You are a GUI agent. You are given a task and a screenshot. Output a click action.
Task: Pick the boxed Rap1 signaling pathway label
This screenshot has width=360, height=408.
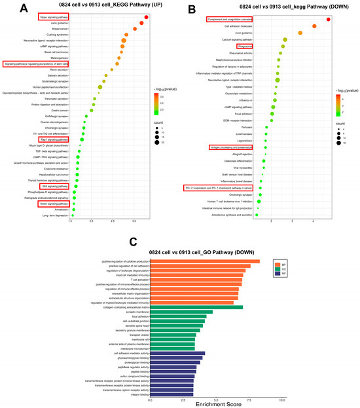click(52, 139)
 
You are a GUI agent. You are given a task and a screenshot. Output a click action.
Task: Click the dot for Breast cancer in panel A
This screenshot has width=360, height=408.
click(134, 29)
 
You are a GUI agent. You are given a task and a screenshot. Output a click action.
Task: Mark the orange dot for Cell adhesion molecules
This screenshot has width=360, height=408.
click(314, 27)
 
